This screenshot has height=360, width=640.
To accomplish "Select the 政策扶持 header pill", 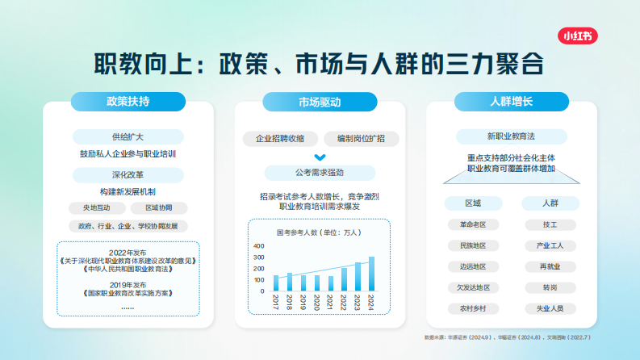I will (128, 102).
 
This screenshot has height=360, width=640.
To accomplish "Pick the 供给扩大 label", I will (128, 136).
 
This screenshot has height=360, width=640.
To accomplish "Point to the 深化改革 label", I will (128, 174).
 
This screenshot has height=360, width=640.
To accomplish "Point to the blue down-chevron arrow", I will (320, 157).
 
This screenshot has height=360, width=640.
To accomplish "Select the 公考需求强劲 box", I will (320, 172).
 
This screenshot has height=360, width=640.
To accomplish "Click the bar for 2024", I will (371, 274).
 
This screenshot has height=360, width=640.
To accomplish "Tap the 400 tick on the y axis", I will (259, 246).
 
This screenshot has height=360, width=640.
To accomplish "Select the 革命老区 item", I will (472, 224).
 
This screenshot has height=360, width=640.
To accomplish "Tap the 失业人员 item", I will (550, 308).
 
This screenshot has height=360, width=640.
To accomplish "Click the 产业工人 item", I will (550, 245).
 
